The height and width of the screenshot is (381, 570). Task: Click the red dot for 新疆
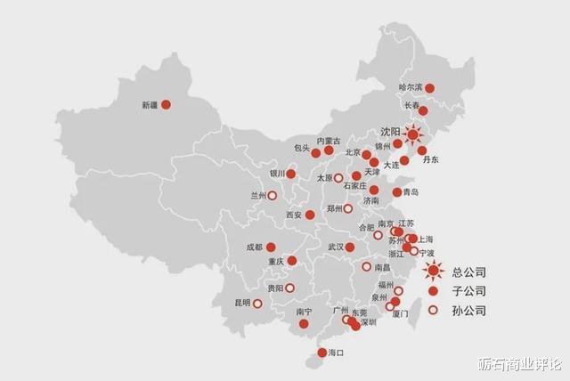[x=166, y=105]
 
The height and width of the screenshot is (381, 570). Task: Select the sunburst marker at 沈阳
[x=413, y=134]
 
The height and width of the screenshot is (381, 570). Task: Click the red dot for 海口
[x=322, y=353]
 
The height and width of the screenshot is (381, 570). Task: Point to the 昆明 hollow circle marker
[x=257, y=304]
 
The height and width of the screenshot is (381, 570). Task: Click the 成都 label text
[x=256, y=247]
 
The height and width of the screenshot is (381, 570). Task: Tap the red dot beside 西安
[x=310, y=215]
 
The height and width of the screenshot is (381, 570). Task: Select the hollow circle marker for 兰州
[x=272, y=196]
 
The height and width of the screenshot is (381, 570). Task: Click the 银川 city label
[x=278, y=174]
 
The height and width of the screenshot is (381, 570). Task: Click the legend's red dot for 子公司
[x=433, y=291]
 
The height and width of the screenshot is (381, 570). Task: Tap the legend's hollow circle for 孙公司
[x=433, y=311]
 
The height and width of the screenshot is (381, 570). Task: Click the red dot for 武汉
[x=350, y=247]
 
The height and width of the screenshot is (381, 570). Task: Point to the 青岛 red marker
[x=397, y=192]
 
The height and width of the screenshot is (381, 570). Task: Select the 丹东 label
[x=431, y=160]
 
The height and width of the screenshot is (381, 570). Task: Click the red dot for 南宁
[x=304, y=324]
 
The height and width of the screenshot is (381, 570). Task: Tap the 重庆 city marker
[x=291, y=261]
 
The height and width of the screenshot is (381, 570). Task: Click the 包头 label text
[x=301, y=148]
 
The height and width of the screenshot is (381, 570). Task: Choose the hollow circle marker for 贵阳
[x=289, y=288]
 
